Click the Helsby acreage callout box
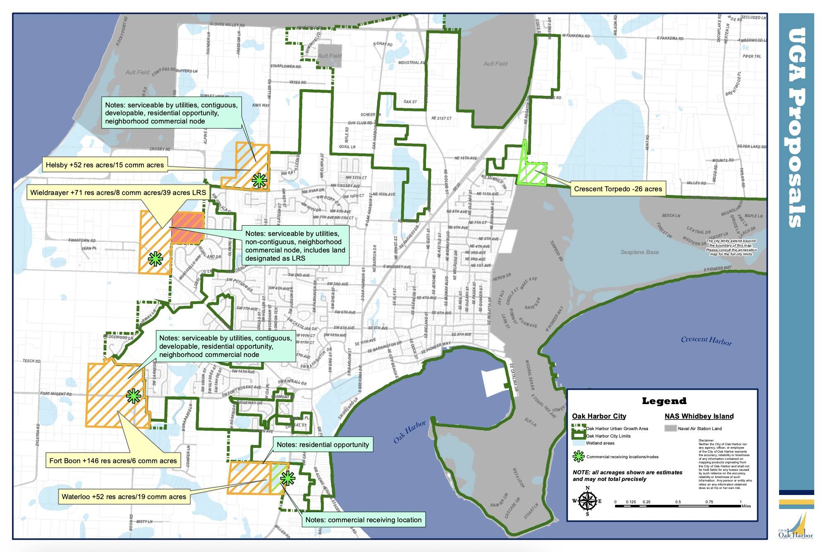coord(105,165)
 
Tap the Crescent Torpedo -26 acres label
coord(618,189)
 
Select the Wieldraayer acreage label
coord(118,193)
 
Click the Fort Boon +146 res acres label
coord(113,461)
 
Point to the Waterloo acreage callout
coord(124,497)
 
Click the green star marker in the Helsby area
coord(259,180)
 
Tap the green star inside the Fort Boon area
coord(134,396)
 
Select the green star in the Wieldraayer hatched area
coord(155,259)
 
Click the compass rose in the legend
coord(587,501)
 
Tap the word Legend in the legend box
coord(664,401)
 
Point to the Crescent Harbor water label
coord(706,340)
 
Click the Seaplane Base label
coord(639,252)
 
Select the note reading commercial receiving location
coord(363,520)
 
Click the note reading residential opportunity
coord(323,445)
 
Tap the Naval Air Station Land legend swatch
coord(670,428)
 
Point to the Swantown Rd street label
coord(82,240)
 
